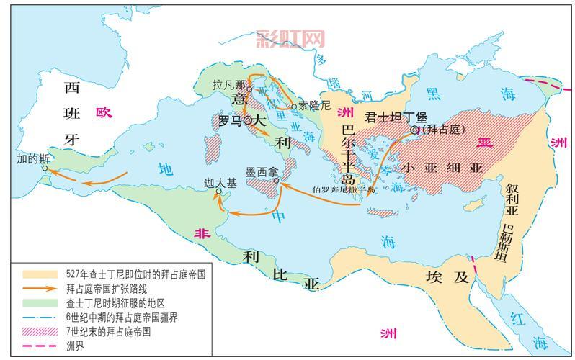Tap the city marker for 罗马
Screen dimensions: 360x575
click(248, 121)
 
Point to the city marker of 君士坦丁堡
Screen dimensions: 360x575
click(414, 130)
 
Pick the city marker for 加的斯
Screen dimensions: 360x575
click(45, 168)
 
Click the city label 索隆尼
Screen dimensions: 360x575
click(315, 105)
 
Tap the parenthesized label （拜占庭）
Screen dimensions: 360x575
click(440, 130)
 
